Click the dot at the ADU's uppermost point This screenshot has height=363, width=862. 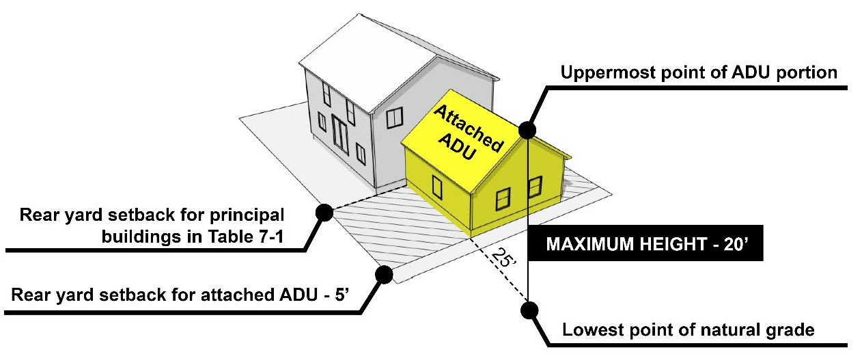pyautogui.click(x=527, y=130)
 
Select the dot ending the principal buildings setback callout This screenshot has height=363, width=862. pyautogui.click(x=324, y=213)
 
